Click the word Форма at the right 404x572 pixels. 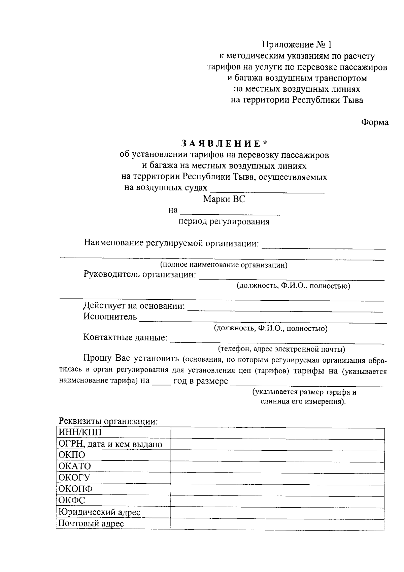click(x=375, y=122)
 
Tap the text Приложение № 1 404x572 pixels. click(x=297, y=44)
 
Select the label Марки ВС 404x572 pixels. click(x=224, y=199)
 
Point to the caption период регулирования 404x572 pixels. click(x=224, y=222)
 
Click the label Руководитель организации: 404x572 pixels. click(x=140, y=274)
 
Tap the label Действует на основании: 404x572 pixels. click(x=134, y=306)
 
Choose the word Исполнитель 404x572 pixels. click(x=110, y=317)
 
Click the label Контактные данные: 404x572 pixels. click(x=125, y=337)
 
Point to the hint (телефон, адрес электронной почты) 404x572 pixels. click(x=281, y=349)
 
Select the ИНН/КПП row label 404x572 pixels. click(x=80, y=432)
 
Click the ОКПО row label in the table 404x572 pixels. click(x=72, y=455)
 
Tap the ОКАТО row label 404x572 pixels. click(x=75, y=466)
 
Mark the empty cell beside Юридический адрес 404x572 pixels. click(x=277, y=512)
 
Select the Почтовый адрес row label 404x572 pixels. click(x=91, y=523)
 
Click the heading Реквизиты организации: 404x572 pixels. click(x=108, y=421)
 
